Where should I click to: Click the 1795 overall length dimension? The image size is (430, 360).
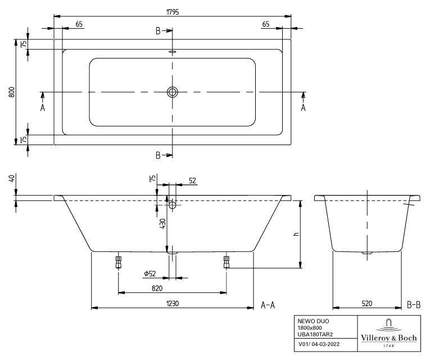click(172, 12)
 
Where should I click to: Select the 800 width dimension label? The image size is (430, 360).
click(11, 92)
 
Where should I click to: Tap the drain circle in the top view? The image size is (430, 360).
click(173, 92)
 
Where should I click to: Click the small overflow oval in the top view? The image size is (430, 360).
click(173, 51)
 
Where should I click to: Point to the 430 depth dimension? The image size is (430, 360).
click(162, 224)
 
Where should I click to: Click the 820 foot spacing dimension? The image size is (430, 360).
click(157, 288)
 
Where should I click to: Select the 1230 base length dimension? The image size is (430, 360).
click(173, 303)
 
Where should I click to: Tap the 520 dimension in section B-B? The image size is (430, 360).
click(367, 303)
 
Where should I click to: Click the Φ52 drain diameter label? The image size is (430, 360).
click(150, 273)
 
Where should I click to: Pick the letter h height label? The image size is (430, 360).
click(296, 234)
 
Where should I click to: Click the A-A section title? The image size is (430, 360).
click(268, 305)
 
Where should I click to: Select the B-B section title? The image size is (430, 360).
click(414, 305)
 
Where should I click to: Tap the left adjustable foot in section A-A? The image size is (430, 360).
click(119, 262)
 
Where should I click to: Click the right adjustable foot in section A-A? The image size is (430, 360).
click(227, 262)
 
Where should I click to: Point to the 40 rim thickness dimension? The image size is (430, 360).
click(11, 179)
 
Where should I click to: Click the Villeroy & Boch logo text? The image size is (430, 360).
click(389, 338)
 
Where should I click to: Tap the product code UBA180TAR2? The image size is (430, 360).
click(315, 334)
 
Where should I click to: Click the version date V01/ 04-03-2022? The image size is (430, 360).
click(319, 344)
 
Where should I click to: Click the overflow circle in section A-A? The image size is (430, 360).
click(173, 205)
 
